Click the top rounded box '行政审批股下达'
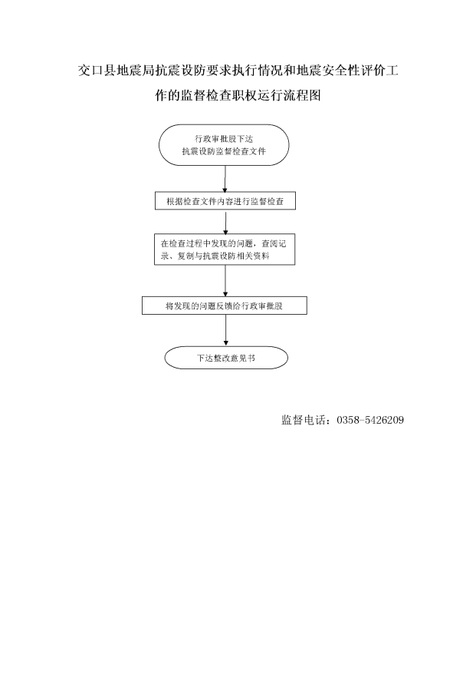[224, 145]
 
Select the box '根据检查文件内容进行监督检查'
[225, 201]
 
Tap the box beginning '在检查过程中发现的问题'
[225, 249]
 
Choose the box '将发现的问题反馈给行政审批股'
[225, 306]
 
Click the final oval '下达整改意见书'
[226, 358]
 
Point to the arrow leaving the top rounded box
[225, 179]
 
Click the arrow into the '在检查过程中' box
[225, 222]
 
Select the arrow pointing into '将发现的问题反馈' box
[225, 281]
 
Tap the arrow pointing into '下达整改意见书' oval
[225, 331]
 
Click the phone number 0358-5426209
[370, 420]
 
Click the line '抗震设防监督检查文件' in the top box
[224, 151]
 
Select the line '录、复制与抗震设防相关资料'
[215, 256]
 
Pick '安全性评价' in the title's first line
[341, 71]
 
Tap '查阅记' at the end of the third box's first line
[274, 243]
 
